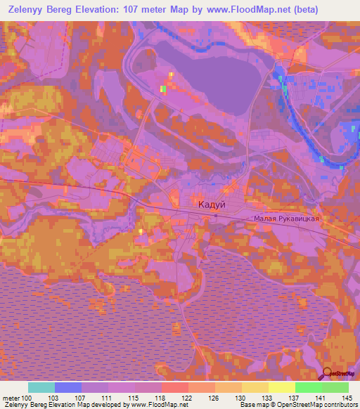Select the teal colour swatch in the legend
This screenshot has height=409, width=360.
pos(41,387)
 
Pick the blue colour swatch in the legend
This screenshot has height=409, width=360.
pos(68,387)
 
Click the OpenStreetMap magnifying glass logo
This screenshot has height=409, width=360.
pos(327,373)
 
